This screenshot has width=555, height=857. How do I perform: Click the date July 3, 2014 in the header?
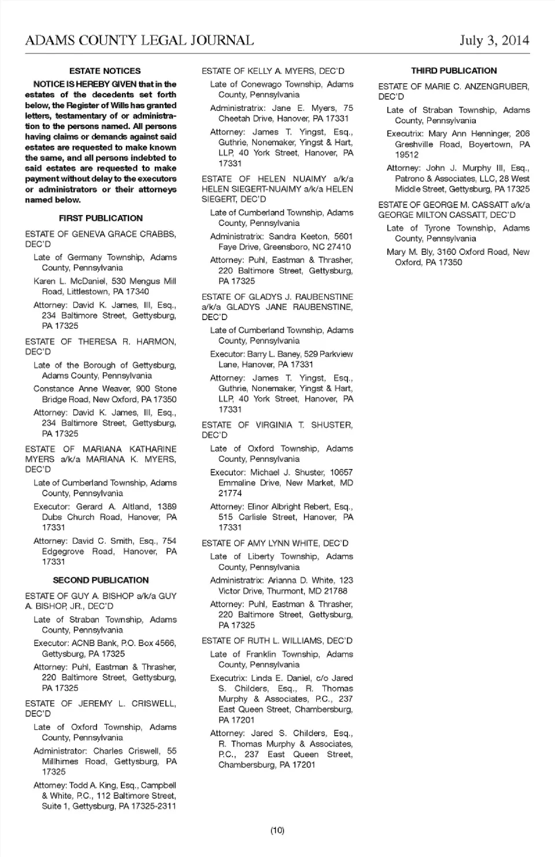tap(494, 40)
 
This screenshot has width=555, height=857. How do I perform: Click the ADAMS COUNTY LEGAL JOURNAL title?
tap(139, 40)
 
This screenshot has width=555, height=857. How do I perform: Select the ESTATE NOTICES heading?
tap(105, 71)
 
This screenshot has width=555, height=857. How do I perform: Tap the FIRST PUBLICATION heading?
tap(101, 218)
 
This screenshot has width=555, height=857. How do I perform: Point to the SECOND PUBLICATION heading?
tap(101, 580)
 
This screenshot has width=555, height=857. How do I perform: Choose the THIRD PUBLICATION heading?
tap(454, 71)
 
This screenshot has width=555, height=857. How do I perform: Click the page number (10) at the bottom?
tap(277, 830)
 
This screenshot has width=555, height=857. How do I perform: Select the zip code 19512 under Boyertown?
tap(407, 155)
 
